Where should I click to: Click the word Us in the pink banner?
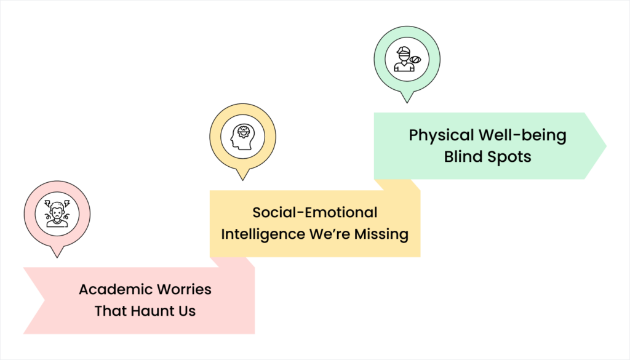tap(186, 311)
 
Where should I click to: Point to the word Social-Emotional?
tap(314, 212)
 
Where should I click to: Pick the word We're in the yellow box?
tap(328, 234)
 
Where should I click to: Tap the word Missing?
tap(381, 234)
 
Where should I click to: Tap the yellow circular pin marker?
tap(242, 137)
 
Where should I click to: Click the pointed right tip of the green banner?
tap(605, 146)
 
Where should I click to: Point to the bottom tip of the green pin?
tap(407, 100)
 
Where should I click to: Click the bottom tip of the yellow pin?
tap(242, 178)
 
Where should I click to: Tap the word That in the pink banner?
tap(108, 311)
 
